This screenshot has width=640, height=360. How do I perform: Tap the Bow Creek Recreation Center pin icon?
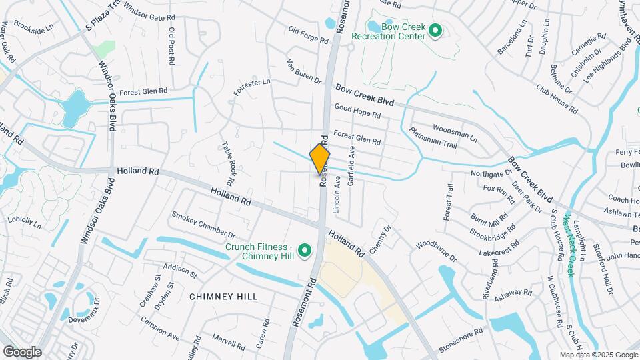tap(435, 31)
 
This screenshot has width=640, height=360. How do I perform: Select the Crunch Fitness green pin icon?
tap(305, 251)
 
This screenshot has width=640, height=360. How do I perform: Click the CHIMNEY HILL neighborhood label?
tap(223, 295)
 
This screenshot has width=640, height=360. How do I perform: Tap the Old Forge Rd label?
tap(308, 35)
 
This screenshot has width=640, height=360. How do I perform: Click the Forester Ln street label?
tap(251, 87)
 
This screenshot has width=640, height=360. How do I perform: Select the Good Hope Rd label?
tap(357, 111)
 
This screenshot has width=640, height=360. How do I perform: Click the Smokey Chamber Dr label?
tap(203, 225)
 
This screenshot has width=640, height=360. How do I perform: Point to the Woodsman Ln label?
tap(455, 131)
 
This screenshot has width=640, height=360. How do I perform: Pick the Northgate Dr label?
tap(491, 174)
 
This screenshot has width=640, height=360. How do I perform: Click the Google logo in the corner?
tap(21, 352)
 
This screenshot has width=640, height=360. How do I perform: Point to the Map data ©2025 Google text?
tap(598, 355)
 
